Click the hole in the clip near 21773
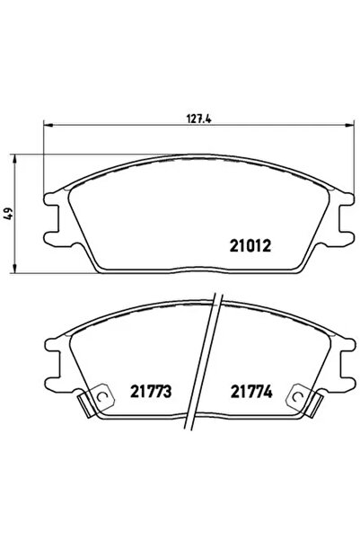(101, 399)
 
